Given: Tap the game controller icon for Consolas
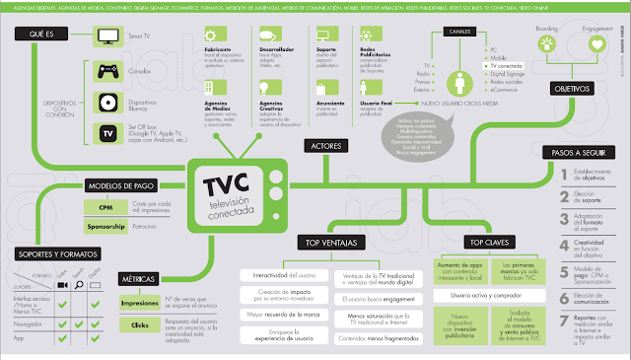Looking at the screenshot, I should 106,71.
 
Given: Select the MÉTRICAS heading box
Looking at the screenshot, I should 138,280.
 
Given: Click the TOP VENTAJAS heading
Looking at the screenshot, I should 329,243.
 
